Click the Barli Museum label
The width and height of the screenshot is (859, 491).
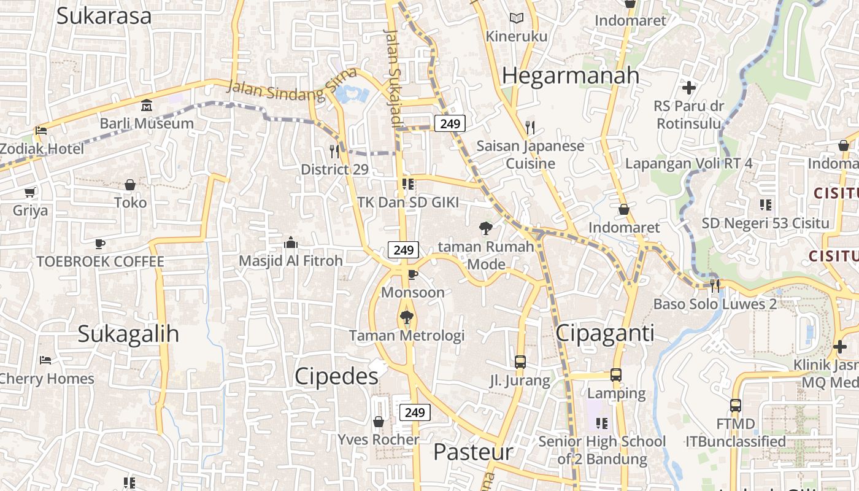tap(147, 123)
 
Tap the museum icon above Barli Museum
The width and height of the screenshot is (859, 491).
tap(147, 106)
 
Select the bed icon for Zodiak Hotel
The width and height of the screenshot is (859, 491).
tap(41, 130)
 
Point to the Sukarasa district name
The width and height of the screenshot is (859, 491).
tap(104, 16)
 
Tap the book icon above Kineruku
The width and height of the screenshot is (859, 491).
tap(517, 18)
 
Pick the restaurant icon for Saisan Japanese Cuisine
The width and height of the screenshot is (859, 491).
tap(530, 128)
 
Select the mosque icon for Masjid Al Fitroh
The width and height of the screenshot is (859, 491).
tap(291, 243)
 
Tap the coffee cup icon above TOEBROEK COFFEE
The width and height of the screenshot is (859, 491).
tap(100, 244)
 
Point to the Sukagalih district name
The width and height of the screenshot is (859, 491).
tap(128, 334)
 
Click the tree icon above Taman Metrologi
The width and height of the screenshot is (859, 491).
tap(406, 317)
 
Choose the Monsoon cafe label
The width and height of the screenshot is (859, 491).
tap(413, 292)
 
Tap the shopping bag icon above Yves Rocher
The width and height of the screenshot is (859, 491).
tap(379, 422)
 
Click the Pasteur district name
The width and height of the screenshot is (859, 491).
tap(472, 452)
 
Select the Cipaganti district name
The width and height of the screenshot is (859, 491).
tap(605, 333)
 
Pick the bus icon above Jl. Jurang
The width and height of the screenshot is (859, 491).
tap(520, 362)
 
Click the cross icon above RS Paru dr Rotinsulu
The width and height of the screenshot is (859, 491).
tap(689, 88)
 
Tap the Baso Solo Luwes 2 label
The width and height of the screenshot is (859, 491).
tap(715, 304)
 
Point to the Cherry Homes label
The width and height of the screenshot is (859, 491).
tap(47, 379)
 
